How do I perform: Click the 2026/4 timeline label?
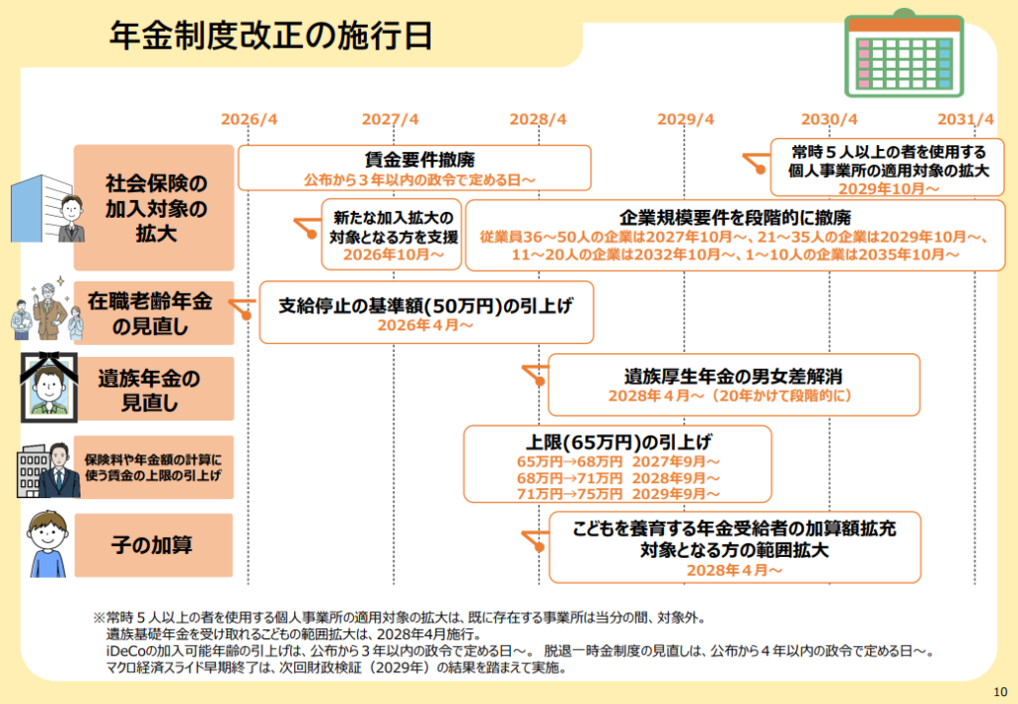(x=249, y=119)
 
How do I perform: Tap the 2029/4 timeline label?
(x=685, y=119)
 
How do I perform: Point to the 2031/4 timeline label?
(x=965, y=119)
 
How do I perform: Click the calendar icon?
(x=904, y=54)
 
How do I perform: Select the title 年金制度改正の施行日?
(x=270, y=35)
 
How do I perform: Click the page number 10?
(x=1000, y=692)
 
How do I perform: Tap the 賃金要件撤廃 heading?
(x=420, y=160)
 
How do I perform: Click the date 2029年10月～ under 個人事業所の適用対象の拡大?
(x=888, y=188)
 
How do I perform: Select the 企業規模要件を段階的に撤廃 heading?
(x=735, y=218)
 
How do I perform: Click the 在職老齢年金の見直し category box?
(x=154, y=313)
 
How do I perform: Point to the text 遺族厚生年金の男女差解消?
(x=733, y=376)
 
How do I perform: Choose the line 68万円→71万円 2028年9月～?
(x=618, y=478)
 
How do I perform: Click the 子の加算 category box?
(x=154, y=545)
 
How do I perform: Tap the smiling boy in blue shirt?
(x=48, y=544)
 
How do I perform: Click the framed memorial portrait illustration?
(x=49, y=387)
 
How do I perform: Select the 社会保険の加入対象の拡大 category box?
(x=154, y=208)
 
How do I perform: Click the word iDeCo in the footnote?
(x=122, y=650)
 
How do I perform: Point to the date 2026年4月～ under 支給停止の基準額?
(x=425, y=325)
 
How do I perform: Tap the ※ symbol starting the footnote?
(x=98, y=616)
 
